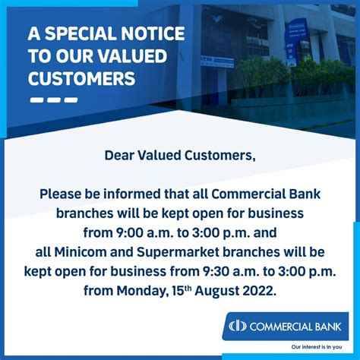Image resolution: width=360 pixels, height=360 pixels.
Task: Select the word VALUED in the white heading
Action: (x=133, y=56)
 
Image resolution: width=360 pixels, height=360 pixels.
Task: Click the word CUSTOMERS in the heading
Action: (x=82, y=78)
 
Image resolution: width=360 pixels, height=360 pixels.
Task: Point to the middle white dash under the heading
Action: (x=54, y=99)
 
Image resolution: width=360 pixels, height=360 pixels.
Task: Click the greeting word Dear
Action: (x=119, y=156)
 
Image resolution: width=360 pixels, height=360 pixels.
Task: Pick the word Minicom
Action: (x=81, y=252)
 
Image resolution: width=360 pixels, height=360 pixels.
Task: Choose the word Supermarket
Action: (x=178, y=253)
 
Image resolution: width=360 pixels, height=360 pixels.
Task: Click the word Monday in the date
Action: (x=141, y=291)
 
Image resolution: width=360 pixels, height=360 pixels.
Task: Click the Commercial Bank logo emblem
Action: (x=238, y=326)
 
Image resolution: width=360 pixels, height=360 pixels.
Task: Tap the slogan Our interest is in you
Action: (x=317, y=347)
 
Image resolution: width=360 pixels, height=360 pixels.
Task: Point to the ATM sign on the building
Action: (x=217, y=62)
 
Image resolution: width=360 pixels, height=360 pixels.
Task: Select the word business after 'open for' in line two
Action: (x=276, y=213)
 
